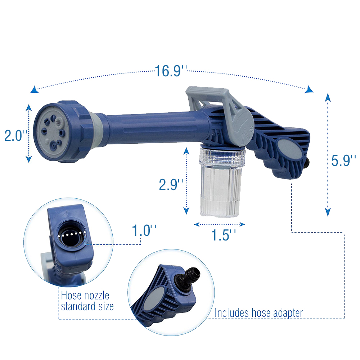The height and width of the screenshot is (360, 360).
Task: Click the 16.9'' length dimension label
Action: pos(171,71)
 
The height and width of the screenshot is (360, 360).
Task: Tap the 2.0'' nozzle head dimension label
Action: pos(16,135)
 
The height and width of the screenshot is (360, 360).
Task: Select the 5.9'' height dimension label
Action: pos(343,160)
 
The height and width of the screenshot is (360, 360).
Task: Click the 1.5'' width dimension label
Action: pos(223,235)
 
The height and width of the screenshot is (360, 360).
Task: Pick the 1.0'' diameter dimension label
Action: pos(144,230)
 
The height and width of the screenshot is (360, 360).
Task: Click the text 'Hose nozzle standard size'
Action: pos(87,301)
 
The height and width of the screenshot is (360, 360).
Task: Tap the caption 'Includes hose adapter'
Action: pos(258,313)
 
